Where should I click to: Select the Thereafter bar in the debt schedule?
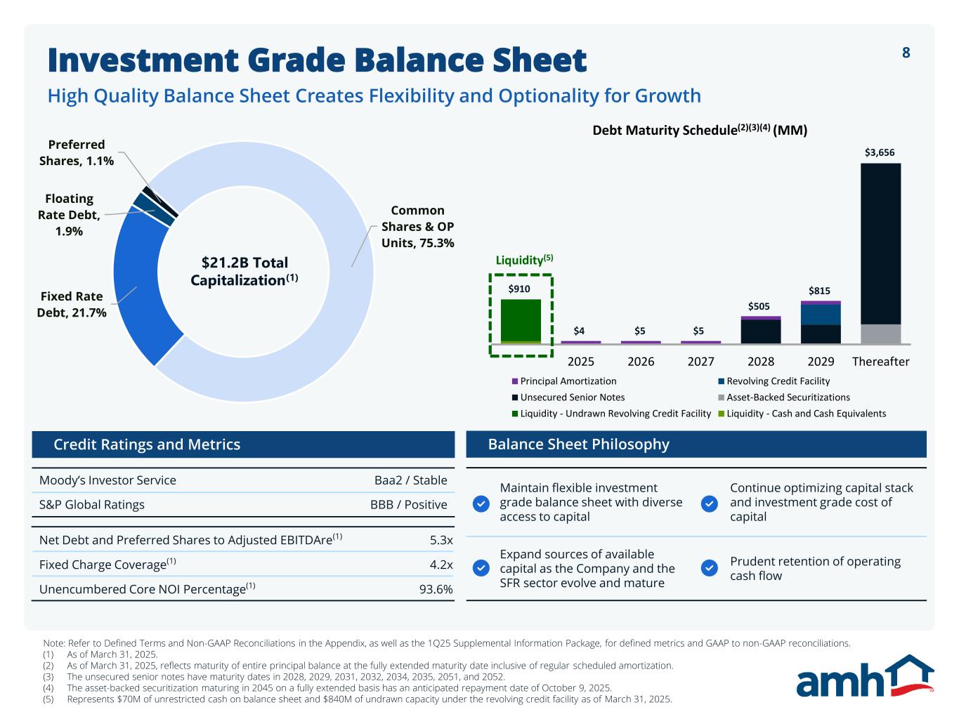click(880, 253)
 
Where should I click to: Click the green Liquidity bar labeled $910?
click(521, 320)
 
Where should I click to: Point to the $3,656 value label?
click(880, 152)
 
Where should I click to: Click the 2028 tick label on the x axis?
click(761, 362)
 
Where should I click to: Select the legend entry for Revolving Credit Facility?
click(778, 381)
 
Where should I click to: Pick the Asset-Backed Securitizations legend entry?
click(788, 397)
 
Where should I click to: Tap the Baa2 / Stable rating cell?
click(410, 480)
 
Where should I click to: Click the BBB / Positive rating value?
click(408, 505)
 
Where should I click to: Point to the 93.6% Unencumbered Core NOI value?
click(436, 589)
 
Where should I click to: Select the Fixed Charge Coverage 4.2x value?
click(441, 565)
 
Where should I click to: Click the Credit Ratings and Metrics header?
click(147, 444)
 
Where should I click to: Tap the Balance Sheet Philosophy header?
click(578, 444)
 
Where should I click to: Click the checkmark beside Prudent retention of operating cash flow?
click(710, 568)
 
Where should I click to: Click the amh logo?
click(864, 677)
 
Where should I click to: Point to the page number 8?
click(906, 53)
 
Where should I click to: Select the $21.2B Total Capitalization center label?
click(244, 271)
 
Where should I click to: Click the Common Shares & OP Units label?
click(417, 226)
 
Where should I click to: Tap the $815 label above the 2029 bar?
click(819, 291)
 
